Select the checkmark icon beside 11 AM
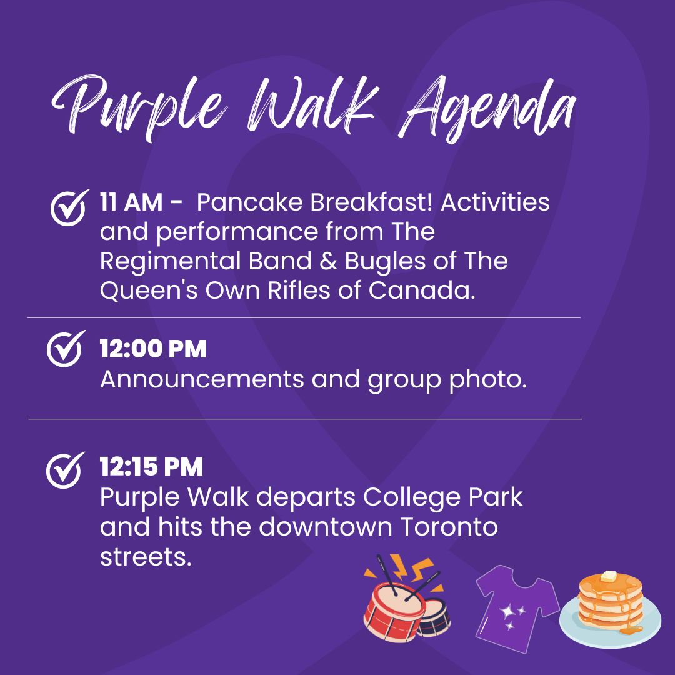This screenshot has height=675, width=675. pyautogui.click(x=68, y=207)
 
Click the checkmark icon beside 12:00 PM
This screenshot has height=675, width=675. pyautogui.click(x=65, y=349)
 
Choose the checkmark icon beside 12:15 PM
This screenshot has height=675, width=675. pyautogui.click(x=65, y=470)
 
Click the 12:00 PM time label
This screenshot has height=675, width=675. pyautogui.click(x=153, y=350)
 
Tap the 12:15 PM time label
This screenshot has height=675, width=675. pyautogui.click(x=152, y=467)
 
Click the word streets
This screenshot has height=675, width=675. pyautogui.click(x=145, y=556)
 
